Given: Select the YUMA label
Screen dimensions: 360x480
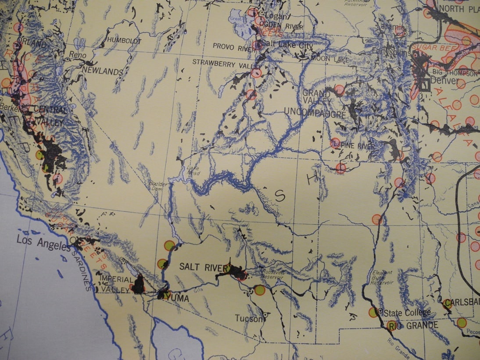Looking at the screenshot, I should pos(178,298).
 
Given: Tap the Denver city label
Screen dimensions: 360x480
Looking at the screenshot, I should pos(444,81).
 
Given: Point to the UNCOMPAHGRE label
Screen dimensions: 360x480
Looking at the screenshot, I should pos(315,113).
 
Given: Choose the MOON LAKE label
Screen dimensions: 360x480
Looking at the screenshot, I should pos(330,58).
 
